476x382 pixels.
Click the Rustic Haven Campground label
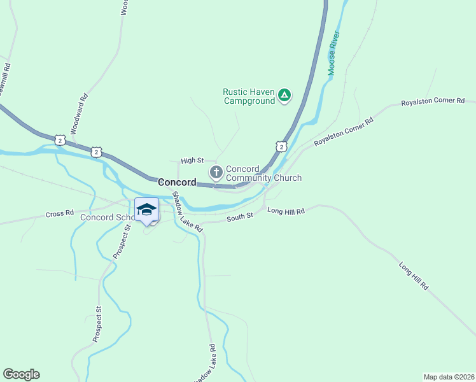pyautogui.click(x=248, y=96)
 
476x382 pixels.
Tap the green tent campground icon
pyautogui.click(x=285, y=96)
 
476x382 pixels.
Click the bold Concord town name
pyautogui.click(x=177, y=182)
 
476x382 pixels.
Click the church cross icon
pyautogui.click(x=216, y=172)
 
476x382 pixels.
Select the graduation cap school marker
pyautogui.click(x=146, y=209)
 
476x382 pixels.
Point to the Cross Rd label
pyautogui.click(x=60, y=213)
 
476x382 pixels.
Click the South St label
pyautogui.click(x=241, y=216)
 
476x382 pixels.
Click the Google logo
pyautogui.click(x=21, y=374)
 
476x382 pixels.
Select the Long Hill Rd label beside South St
pyautogui.click(x=286, y=211)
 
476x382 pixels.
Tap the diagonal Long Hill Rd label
pyautogui.click(x=414, y=276)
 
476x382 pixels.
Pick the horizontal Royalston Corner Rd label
pyautogui.click(x=438, y=102)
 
